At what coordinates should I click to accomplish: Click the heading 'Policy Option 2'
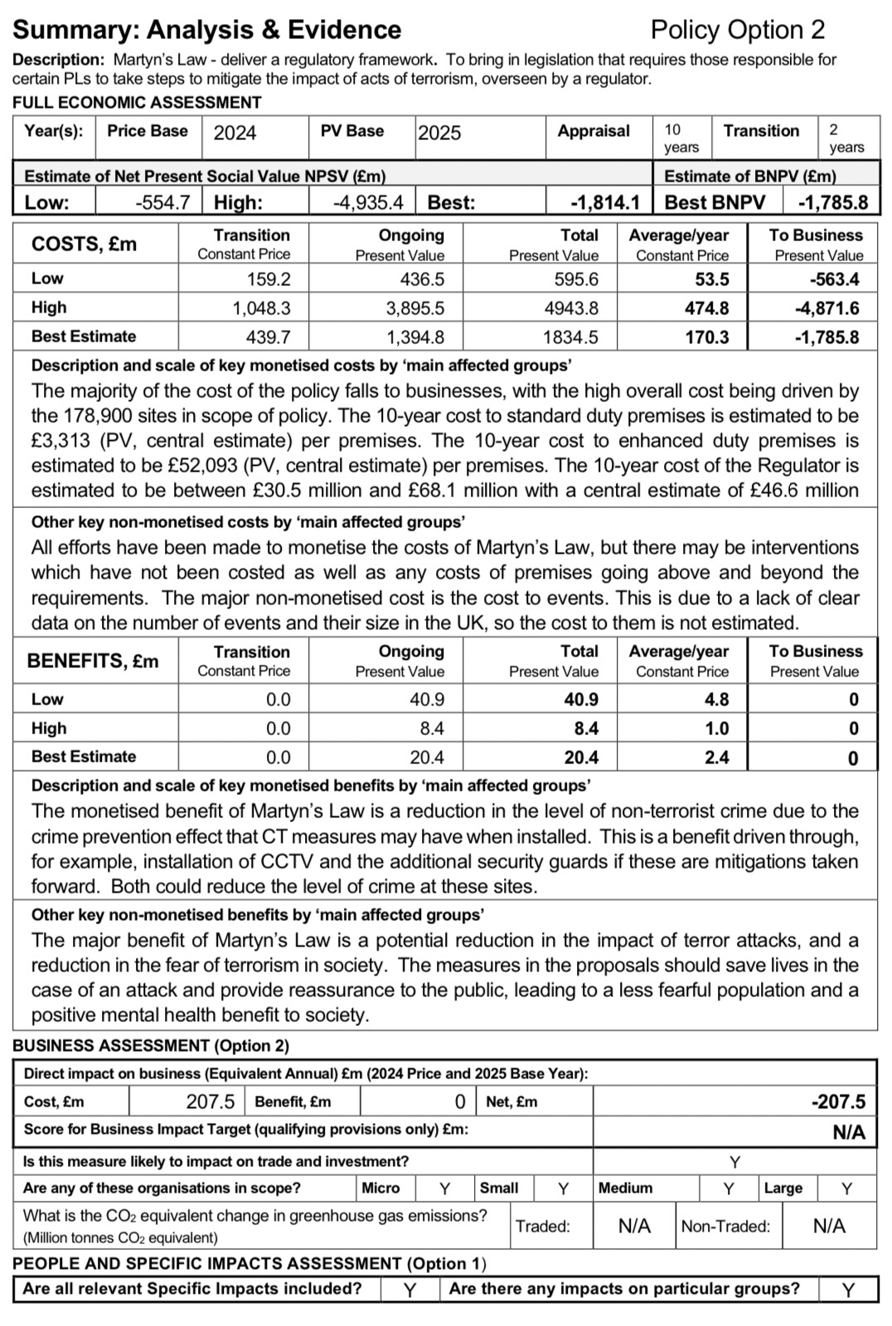[737, 30]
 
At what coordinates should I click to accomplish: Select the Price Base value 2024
[235, 133]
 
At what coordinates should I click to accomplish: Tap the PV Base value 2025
[439, 133]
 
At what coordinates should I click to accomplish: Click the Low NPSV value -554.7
[162, 202]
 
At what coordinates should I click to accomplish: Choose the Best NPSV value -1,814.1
[605, 202]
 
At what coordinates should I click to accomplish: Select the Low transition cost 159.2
[269, 279]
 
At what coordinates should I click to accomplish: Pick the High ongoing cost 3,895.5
[414, 308]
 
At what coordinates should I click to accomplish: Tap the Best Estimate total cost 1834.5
[570, 337]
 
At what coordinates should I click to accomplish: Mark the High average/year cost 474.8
[706, 308]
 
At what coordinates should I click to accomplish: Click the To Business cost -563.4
[834, 279]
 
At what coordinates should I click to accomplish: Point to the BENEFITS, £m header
[92, 661]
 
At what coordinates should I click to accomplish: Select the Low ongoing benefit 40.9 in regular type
[427, 699]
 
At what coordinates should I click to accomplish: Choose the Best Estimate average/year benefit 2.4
[716, 757]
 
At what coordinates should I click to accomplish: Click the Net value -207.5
[838, 1101]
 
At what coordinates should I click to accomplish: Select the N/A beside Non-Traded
[829, 1226]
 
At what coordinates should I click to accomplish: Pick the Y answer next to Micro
[444, 1188]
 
